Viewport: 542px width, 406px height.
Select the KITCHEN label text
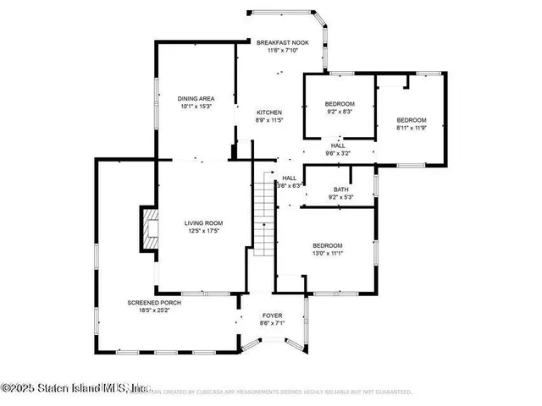click(269, 112)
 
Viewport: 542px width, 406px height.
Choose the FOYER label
click(272, 315)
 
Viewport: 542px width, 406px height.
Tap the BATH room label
click(340, 189)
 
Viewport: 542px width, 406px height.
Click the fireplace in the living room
click(147, 229)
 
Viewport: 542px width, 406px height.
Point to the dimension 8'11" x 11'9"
click(412, 129)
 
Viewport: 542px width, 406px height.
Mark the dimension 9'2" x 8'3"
click(340, 111)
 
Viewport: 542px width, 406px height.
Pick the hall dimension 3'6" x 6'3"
click(290, 185)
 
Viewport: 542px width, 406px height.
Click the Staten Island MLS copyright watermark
click(75, 389)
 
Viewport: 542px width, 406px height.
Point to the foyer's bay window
click(273, 343)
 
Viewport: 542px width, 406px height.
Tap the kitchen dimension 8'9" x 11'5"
click(269, 120)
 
